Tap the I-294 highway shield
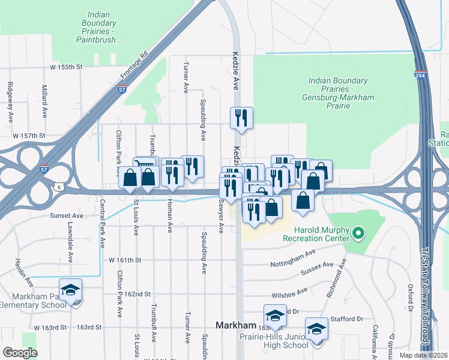[x=420, y=74]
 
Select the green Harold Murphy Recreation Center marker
[x=358, y=232]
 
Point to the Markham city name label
[x=236, y=325]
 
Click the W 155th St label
[x=65, y=67]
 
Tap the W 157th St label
[x=29, y=136]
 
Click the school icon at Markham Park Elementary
[x=70, y=290]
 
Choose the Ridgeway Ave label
[x=10, y=103]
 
